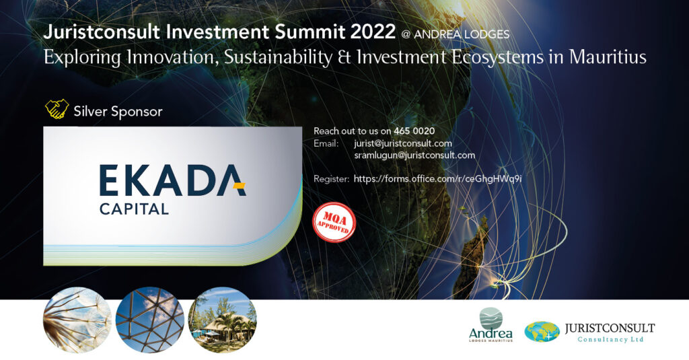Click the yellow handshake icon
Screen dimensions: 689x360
(x=57, y=109)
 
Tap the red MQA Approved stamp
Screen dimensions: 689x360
(x=334, y=223)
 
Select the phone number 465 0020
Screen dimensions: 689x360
(x=414, y=131)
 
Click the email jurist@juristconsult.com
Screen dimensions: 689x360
(x=402, y=143)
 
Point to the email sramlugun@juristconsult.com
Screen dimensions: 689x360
(x=414, y=155)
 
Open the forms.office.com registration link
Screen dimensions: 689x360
(x=437, y=179)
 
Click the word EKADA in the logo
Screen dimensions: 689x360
(x=172, y=180)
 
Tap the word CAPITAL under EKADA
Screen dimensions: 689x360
(x=134, y=209)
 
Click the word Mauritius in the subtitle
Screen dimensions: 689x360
(x=608, y=57)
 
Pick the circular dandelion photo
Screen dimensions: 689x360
(x=77, y=320)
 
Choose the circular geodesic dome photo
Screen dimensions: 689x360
(x=150, y=320)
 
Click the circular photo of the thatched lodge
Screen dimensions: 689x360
(x=222, y=320)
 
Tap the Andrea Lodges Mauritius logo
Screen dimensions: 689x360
(x=491, y=325)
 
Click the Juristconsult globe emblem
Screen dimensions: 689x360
(x=542, y=332)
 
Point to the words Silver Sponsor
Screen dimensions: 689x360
(x=118, y=112)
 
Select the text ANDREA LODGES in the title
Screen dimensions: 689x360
(x=462, y=34)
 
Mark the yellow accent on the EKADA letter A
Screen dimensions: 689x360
(x=239, y=186)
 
